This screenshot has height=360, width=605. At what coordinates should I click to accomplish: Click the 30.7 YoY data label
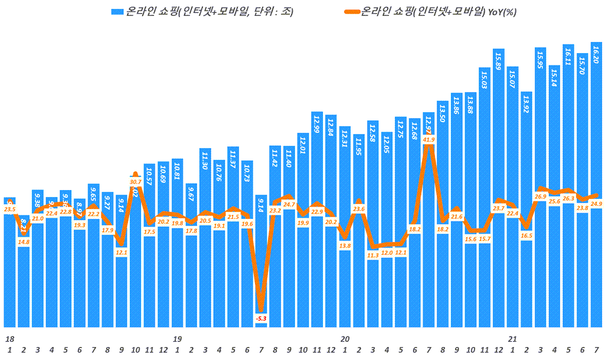pyautogui.click(x=135, y=182)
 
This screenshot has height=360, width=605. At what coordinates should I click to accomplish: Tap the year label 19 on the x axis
pyautogui.click(x=177, y=339)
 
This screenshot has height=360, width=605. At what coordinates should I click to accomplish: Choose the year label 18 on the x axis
pyautogui.click(x=9, y=339)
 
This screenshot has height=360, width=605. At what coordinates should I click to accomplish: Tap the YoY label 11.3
pyautogui.click(x=373, y=256)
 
